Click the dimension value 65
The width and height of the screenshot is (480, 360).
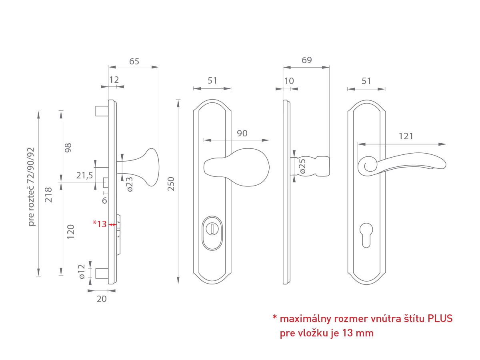(x=134, y=61)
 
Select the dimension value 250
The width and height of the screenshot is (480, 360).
(x=171, y=184)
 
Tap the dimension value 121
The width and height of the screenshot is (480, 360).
(x=406, y=136)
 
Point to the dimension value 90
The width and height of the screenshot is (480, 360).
(x=242, y=133)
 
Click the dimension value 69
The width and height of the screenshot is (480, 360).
(x=307, y=60)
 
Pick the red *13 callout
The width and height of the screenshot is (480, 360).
(x=100, y=224)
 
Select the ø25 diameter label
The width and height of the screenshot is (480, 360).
(x=302, y=166)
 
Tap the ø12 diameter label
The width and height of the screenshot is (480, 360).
(x=82, y=271)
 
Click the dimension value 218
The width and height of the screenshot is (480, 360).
(x=48, y=194)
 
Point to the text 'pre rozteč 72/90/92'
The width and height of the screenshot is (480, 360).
(x=31, y=187)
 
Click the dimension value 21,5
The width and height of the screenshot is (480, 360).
(x=84, y=175)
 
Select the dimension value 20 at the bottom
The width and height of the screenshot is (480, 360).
(x=102, y=299)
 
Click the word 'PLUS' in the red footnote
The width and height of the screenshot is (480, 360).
(x=440, y=318)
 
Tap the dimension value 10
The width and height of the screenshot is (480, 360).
(x=289, y=81)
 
